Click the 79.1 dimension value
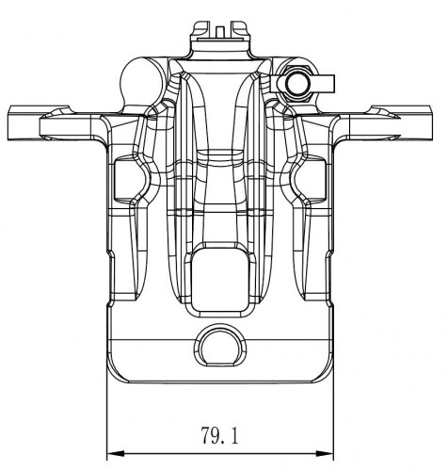click(219, 435)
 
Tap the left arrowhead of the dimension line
click(116, 454)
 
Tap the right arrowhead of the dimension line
click(325, 454)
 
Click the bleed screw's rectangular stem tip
click(327, 84)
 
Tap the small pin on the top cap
click(220, 31)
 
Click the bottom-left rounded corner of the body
click(115, 375)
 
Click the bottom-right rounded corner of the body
click(326, 375)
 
